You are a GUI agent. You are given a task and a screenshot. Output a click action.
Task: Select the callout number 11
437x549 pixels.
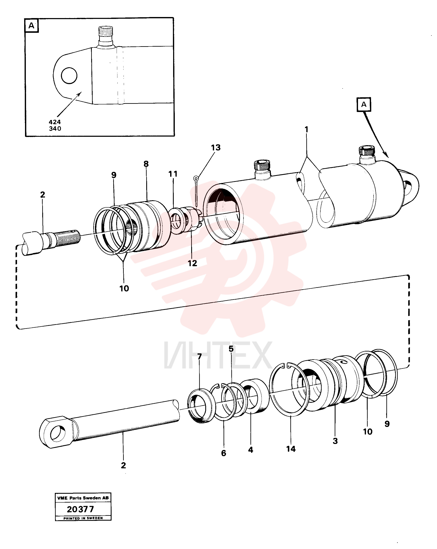[173, 174]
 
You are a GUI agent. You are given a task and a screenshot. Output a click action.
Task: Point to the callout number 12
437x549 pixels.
[192, 263]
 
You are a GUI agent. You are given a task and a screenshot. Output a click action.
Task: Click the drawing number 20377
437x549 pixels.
[80, 509]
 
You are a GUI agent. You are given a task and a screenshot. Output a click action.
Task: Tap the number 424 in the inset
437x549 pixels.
[55, 122]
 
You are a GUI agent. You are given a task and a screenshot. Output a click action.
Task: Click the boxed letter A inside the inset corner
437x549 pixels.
[31, 25]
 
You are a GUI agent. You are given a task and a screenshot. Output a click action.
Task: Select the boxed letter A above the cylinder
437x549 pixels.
[364, 104]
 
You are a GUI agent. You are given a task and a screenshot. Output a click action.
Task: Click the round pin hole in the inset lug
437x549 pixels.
[69, 76]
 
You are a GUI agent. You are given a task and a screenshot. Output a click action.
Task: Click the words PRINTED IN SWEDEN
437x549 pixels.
[83, 518]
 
